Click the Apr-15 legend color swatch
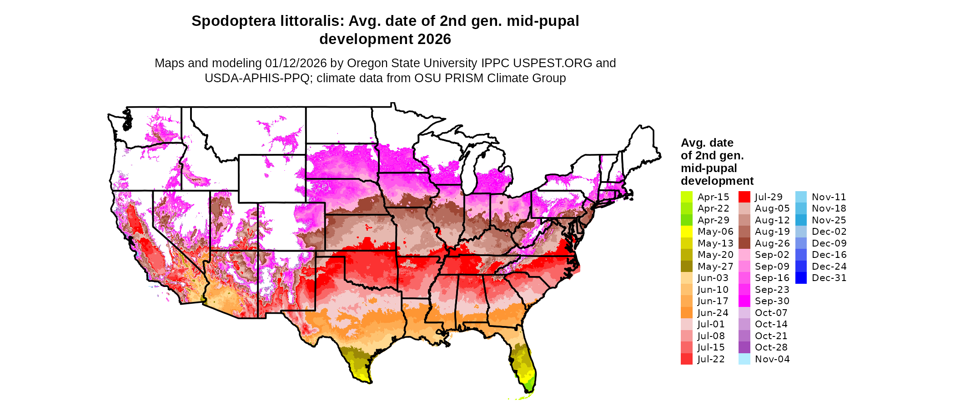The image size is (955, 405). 686,197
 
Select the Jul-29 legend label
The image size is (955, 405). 769,197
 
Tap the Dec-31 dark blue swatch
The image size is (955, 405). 801,278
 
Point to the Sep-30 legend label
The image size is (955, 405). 772,301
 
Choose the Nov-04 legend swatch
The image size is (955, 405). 744,359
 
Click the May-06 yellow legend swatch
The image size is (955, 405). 686,232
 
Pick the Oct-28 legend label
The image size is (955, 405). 771,347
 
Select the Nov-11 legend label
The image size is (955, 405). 829,197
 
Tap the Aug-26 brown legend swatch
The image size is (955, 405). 744,243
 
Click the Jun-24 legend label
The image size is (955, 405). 713,313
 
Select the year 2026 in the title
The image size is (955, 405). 434,40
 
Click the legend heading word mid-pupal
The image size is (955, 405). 709,168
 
